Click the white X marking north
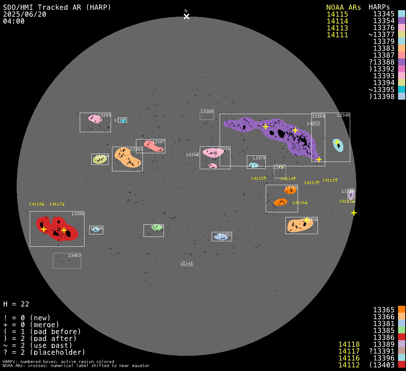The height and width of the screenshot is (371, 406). (186, 16)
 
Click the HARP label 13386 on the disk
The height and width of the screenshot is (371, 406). (78, 214)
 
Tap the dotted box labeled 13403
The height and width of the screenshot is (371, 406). (67, 260)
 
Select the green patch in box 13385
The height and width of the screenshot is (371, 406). (157, 228)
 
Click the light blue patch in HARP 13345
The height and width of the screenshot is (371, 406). (338, 145)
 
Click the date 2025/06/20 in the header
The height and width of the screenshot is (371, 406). (25, 14)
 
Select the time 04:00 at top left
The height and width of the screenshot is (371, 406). (14, 21)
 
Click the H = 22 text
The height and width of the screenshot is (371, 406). (16, 304)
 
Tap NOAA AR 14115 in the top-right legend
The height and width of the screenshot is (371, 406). (337, 14)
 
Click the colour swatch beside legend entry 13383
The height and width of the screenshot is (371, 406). (401, 48)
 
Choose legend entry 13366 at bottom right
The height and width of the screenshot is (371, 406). (384, 317)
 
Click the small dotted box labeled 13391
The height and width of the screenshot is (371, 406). (187, 264)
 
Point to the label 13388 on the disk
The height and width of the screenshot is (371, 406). (207, 112)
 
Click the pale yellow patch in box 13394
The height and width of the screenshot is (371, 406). (100, 159)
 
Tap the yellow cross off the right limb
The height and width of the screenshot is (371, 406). (354, 213)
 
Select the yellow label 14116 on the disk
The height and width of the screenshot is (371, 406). (299, 203)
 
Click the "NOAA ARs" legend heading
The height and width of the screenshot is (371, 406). (343, 7)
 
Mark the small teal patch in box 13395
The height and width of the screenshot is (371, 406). (124, 120)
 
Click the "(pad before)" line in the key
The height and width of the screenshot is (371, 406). (42, 332)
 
